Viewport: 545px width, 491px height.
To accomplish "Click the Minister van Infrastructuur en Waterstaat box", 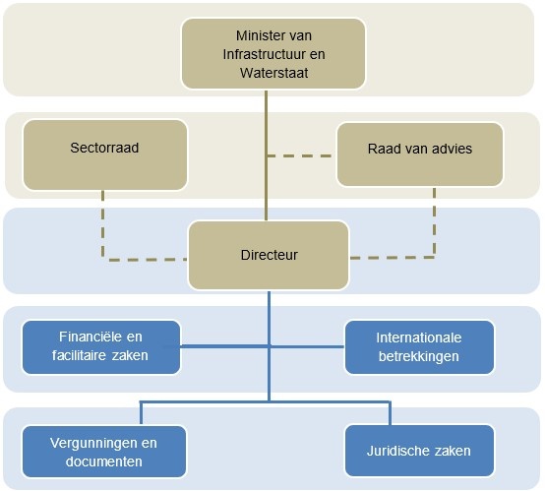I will pyautogui.click(x=273, y=53).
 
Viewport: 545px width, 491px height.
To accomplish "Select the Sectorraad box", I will pyautogui.click(x=104, y=154).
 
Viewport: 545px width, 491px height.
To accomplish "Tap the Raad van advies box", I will pyautogui.click(x=420, y=154).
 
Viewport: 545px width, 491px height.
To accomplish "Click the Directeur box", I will pyautogui.click(x=269, y=255).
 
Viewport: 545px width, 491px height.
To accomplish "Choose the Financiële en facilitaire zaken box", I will pyautogui.click(x=101, y=346).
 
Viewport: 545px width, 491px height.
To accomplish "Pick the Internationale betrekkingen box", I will pyautogui.click(x=419, y=346).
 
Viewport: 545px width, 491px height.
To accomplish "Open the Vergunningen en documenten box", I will pyautogui.click(x=104, y=452).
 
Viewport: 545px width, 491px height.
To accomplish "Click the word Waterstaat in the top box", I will pyautogui.click(x=273, y=72).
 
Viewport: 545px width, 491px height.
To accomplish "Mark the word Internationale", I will pyautogui.click(x=419, y=338).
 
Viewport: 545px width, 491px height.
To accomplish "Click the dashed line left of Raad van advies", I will pyautogui.click(x=300, y=154).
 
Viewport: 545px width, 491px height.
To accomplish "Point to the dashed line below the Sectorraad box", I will pyautogui.click(x=103, y=221).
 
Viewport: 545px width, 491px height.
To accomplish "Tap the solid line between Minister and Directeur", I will pyautogui.click(x=266, y=148).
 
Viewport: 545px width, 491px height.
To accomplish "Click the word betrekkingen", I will pyautogui.click(x=419, y=355).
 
